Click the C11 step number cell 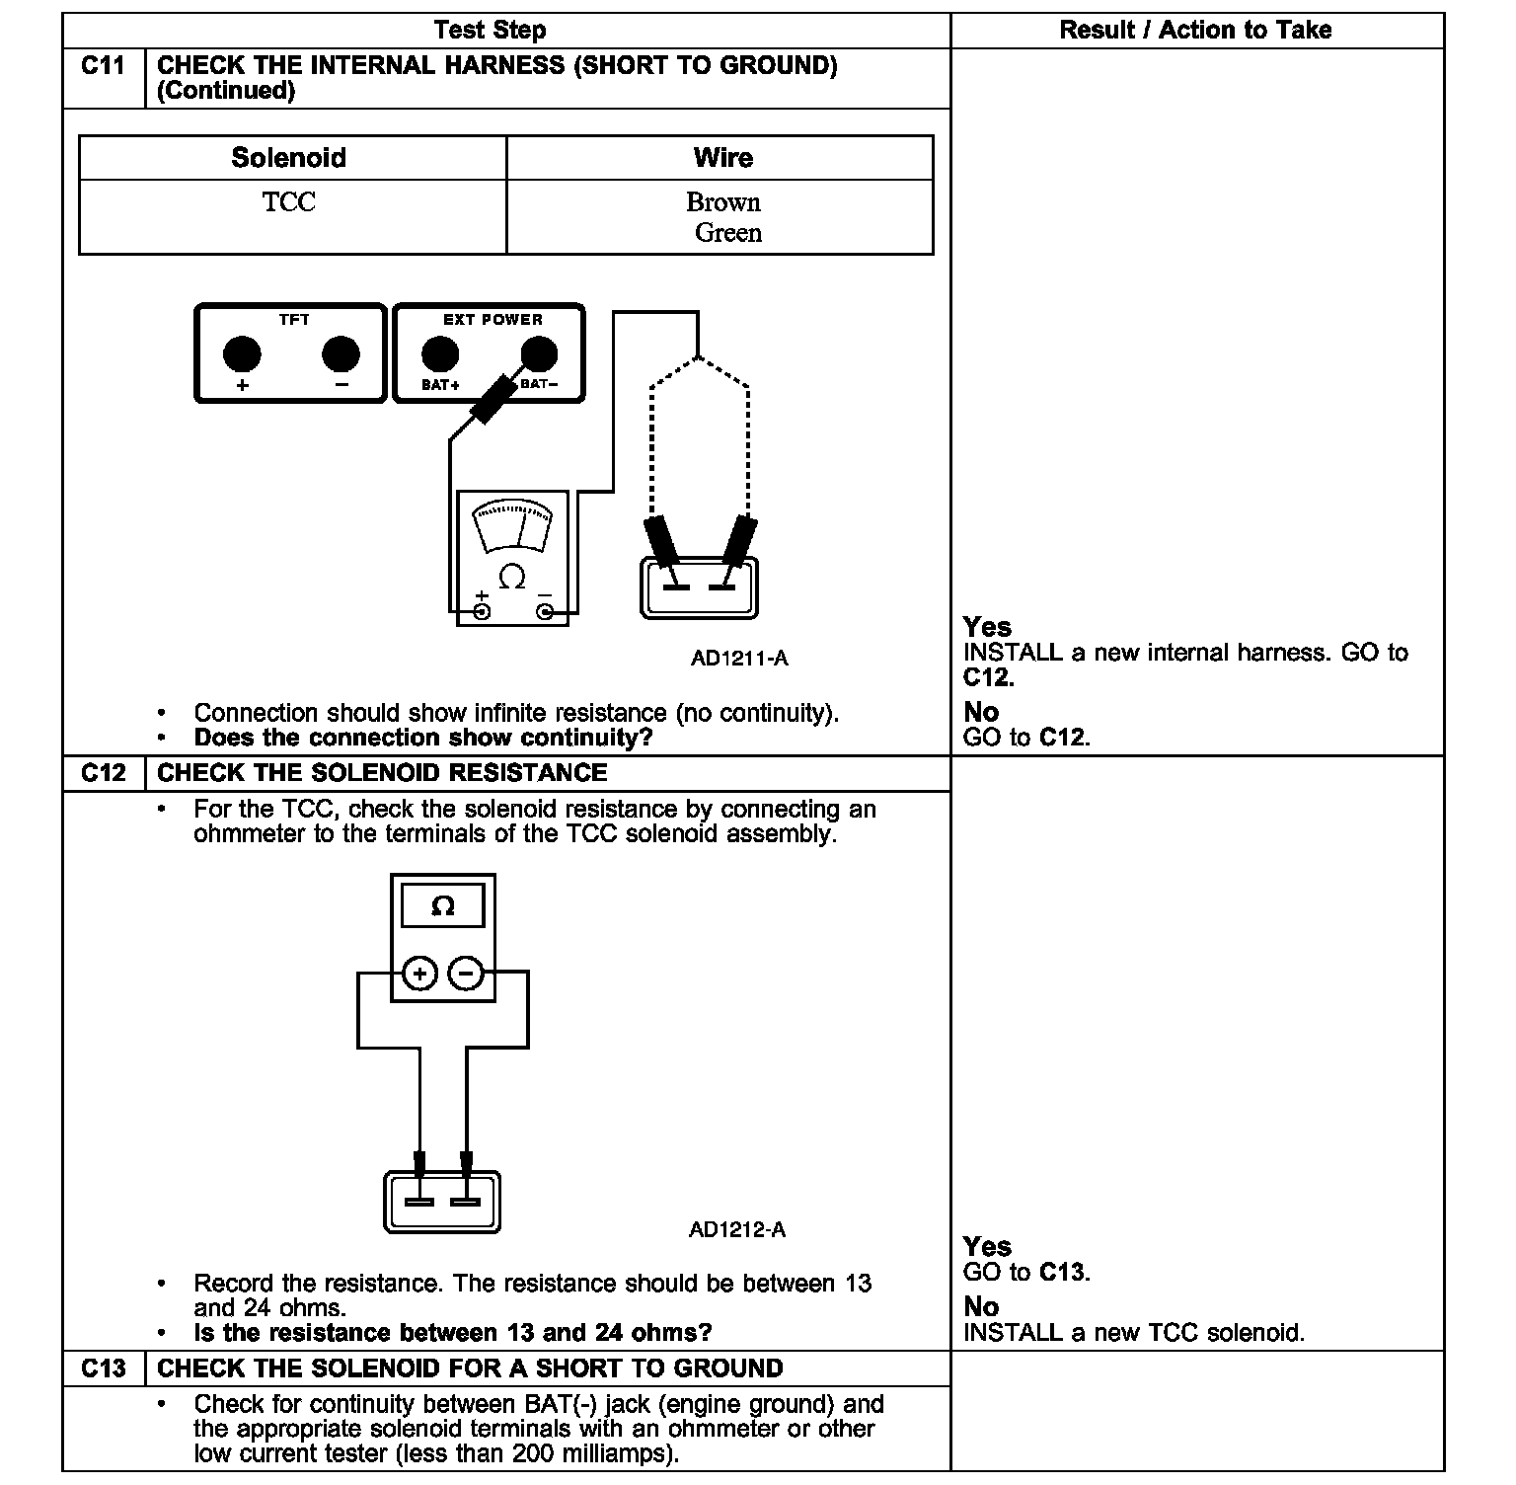103,66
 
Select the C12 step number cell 103,773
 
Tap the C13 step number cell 103,1368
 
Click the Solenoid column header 289,158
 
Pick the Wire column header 722,158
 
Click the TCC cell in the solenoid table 289,202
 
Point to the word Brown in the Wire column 723,202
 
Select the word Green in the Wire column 728,233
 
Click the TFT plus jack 242,353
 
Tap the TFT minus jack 341,353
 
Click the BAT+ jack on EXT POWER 440,353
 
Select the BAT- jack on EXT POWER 538,353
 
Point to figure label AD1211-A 739,659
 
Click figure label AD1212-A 737,1230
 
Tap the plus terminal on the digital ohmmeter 419,975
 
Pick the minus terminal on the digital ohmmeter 466,975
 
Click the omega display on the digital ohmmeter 443,905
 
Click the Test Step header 490,31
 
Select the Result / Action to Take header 1195,31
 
